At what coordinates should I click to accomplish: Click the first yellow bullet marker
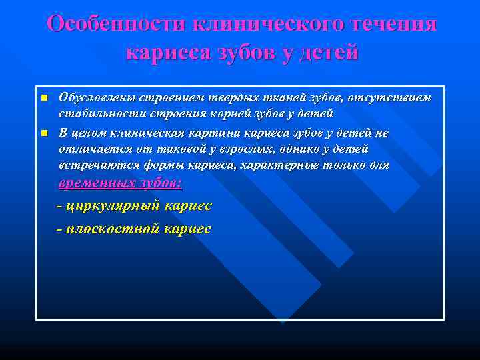(x=43, y=99)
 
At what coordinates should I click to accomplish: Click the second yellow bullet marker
(x=43, y=133)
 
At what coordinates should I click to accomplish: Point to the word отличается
(x=89, y=149)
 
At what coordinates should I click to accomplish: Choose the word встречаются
(x=93, y=165)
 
